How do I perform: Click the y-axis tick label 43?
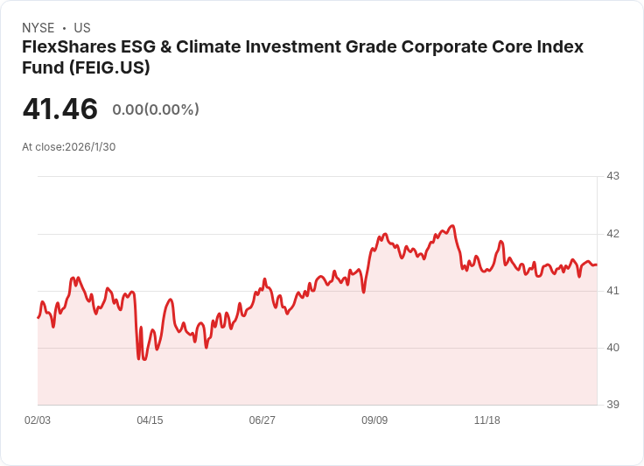click(612, 176)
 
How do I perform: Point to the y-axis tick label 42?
click(612, 234)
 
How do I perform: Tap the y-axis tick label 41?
click(612, 291)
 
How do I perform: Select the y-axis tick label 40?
click(612, 348)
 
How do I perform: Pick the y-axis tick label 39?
click(612, 405)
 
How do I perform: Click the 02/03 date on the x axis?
click(38, 420)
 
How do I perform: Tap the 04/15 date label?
click(150, 420)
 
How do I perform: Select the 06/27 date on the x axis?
click(262, 420)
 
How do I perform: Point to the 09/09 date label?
click(374, 420)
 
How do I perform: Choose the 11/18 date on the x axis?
click(487, 420)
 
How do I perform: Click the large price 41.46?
click(60, 109)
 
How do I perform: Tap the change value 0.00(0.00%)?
click(156, 109)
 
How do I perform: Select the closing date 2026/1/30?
click(90, 147)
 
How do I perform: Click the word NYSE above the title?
click(38, 28)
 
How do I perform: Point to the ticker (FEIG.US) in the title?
click(109, 67)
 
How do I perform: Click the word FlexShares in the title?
click(69, 47)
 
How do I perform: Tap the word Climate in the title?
click(209, 47)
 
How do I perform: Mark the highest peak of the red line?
click(452, 225)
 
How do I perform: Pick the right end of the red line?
click(597, 265)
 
